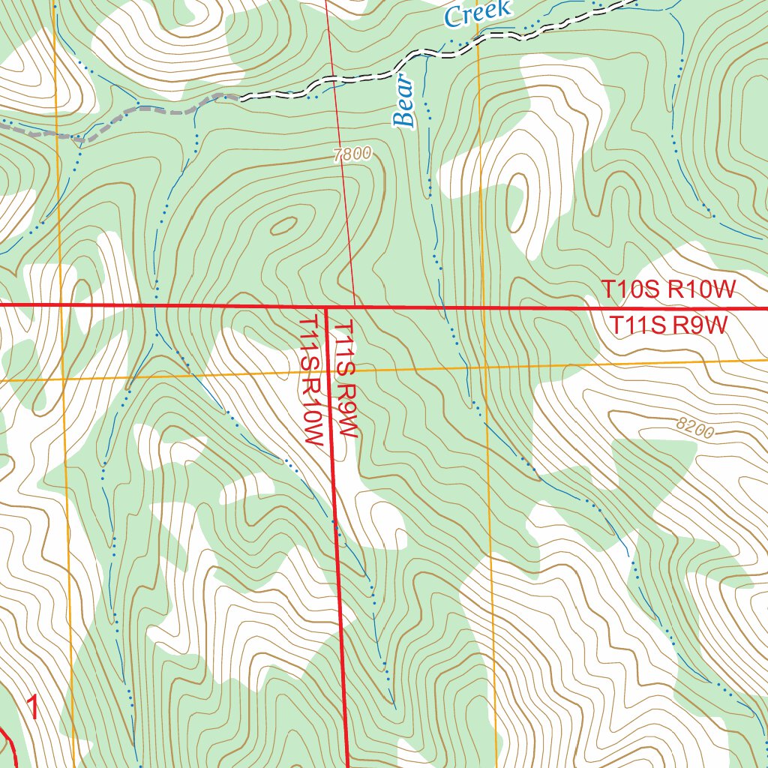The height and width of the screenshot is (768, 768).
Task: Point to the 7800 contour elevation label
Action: pos(351,154)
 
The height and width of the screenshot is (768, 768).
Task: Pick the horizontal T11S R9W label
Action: pos(668,325)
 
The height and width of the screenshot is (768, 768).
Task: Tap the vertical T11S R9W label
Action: pos(346,379)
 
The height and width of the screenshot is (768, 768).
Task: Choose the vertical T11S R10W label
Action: pos(311,379)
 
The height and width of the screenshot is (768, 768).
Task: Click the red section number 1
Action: pos(33,707)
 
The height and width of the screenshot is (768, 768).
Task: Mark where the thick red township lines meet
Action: pos(326,307)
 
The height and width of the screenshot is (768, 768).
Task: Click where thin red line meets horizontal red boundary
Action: pos(355,307)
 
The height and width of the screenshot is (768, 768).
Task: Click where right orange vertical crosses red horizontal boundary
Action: pos(482,307)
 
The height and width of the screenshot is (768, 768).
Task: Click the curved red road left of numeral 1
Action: pos(10,742)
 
